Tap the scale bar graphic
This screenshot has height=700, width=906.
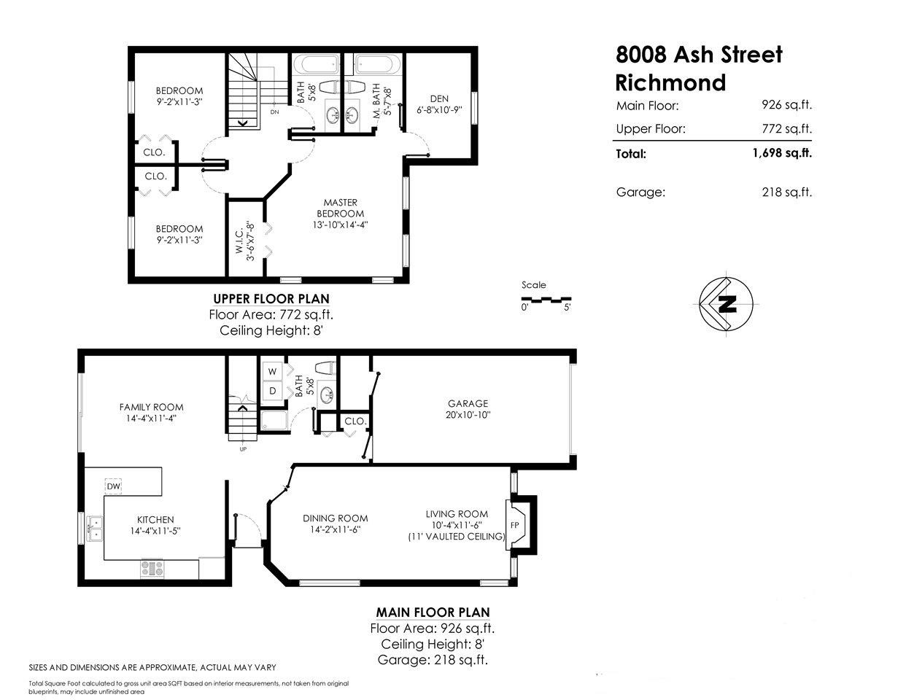click(x=546, y=298)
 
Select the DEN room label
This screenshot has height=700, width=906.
click(x=439, y=99)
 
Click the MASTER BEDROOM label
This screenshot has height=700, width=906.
click(x=340, y=208)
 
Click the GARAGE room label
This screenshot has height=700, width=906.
click(x=468, y=403)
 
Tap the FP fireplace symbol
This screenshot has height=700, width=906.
click(x=514, y=525)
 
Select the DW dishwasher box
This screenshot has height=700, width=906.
click(x=113, y=486)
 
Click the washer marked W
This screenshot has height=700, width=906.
click(x=273, y=372)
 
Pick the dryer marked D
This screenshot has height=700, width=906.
click(x=273, y=391)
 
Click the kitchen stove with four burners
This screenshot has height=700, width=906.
click(x=152, y=568)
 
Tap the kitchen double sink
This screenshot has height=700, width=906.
click(x=95, y=528)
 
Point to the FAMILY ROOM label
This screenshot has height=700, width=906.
click(x=152, y=408)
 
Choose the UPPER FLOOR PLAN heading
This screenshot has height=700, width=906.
click(x=271, y=298)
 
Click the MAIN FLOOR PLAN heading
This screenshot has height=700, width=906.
click(x=433, y=612)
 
